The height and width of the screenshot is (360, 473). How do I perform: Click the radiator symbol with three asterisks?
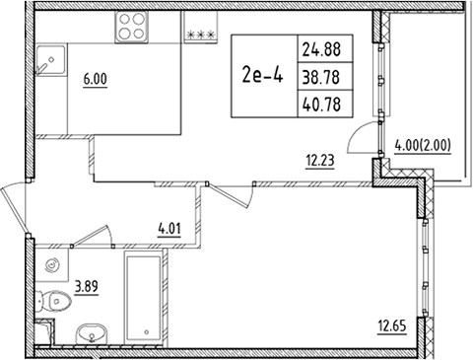coord(201,32)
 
